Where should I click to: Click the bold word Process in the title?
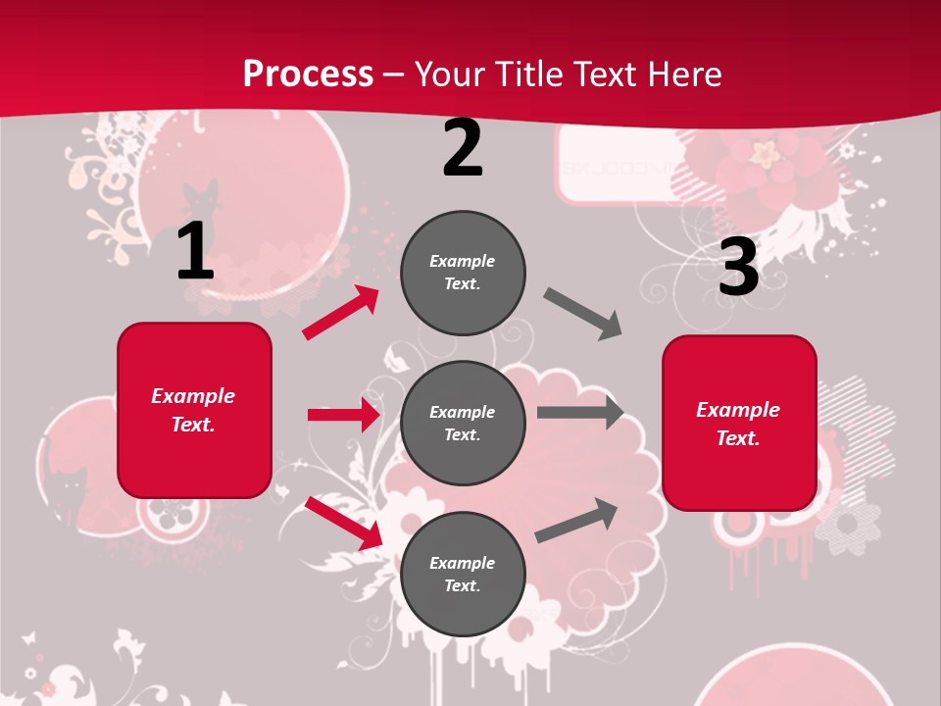coord(308,74)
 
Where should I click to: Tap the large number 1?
coord(195,251)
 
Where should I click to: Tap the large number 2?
coord(463,148)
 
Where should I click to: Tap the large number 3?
coord(738,268)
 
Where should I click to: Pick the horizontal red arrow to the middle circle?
coord(343,415)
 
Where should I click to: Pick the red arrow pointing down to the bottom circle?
coord(343,523)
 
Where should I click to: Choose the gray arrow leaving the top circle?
coord(583,314)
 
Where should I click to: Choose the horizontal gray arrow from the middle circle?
coord(580,413)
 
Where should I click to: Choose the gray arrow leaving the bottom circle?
coord(576,521)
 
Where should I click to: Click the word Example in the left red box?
coord(193,396)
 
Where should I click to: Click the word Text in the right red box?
coord(736,438)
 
